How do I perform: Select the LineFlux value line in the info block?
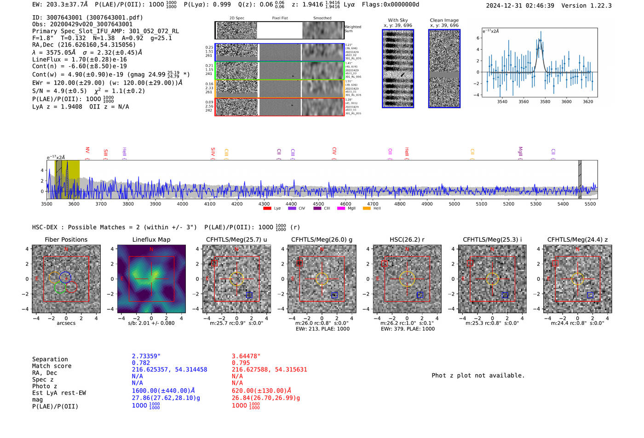[80, 59]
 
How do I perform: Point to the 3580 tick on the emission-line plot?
[545, 102]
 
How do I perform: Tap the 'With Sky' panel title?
[398, 20]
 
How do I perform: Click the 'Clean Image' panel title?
[444, 20]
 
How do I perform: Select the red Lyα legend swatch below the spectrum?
[267, 209]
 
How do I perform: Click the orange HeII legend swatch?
[367, 209]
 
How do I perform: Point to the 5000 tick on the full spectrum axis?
[454, 204]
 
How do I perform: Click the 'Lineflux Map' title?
[151, 239]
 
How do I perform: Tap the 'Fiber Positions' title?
[66, 239]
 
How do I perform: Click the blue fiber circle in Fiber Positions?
[65, 277]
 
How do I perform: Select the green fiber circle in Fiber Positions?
[60, 288]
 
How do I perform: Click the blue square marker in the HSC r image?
[420, 295]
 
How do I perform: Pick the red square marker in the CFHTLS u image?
[214, 263]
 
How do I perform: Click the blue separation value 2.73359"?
[146, 356]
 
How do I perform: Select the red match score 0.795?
[241, 363]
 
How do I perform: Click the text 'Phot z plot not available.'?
[478, 375]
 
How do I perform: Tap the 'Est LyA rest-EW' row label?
[59, 393]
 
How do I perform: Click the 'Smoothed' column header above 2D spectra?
[322, 18]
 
